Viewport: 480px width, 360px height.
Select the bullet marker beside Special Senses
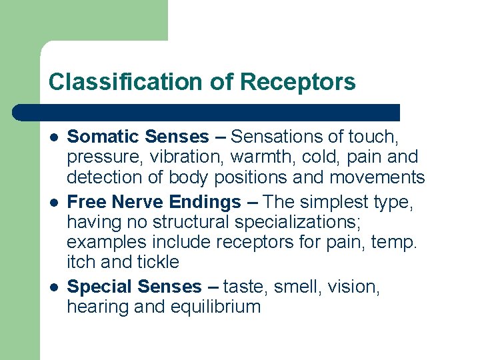(53, 287)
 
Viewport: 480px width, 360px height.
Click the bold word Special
(100, 287)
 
